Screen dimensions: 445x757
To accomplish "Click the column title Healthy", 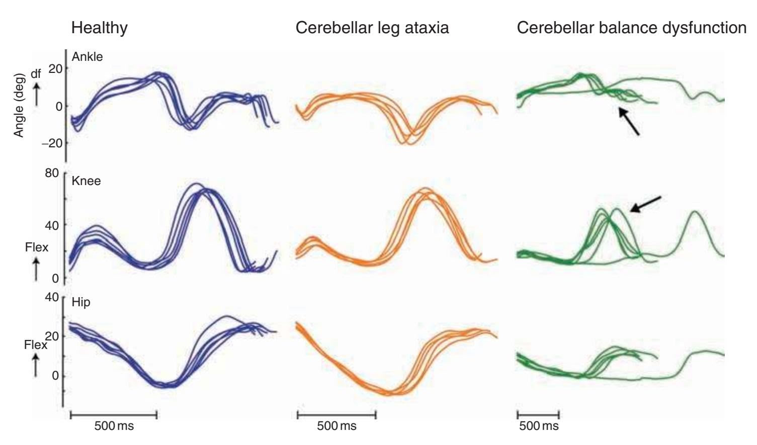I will pos(99,28).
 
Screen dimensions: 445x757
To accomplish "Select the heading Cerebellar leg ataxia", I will pos(372,28).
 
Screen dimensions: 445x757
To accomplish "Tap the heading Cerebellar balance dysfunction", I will pos(631,28).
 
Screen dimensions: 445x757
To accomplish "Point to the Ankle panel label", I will pos(87,57).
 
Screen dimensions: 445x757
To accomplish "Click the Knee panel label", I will pos(86,181).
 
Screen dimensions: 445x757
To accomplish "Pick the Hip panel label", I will pos(81,302).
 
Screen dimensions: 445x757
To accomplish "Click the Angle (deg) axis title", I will pos(19,105).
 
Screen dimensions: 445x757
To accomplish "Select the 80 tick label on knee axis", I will pos(52,173).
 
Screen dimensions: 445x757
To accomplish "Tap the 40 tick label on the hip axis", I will pos(52,297).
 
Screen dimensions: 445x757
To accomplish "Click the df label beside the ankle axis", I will pos(36,74).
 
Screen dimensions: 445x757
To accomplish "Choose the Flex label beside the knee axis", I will pos(36,247).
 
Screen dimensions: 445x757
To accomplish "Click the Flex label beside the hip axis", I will pos(35,345).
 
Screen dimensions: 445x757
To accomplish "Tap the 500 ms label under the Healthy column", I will pos(114,426).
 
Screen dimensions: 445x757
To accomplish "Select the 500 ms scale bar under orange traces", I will pos(337,415).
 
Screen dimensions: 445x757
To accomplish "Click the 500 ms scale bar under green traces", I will pos(538,415).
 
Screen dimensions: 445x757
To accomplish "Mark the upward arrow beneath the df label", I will pos(36,94).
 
